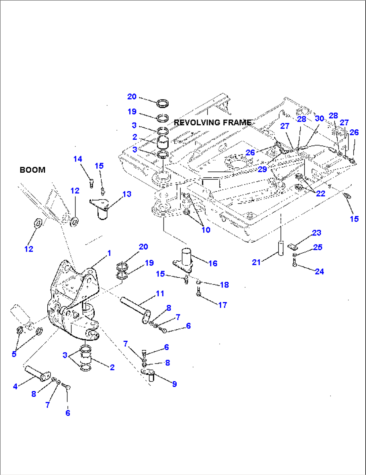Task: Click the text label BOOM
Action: click(33, 170)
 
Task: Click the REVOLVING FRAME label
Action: click(213, 123)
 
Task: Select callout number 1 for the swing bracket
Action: click(109, 253)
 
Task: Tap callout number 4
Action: click(15, 387)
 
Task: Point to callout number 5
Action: click(14, 354)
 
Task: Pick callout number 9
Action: click(174, 384)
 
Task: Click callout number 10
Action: click(206, 230)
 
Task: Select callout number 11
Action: click(160, 294)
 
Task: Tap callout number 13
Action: click(127, 194)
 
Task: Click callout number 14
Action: click(78, 159)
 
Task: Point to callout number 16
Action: click(213, 263)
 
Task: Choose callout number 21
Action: click(256, 262)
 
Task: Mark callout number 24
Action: click(319, 271)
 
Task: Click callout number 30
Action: click(319, 118)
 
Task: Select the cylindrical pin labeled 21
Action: click(281, 248)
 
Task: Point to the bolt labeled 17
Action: click(199, 292)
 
